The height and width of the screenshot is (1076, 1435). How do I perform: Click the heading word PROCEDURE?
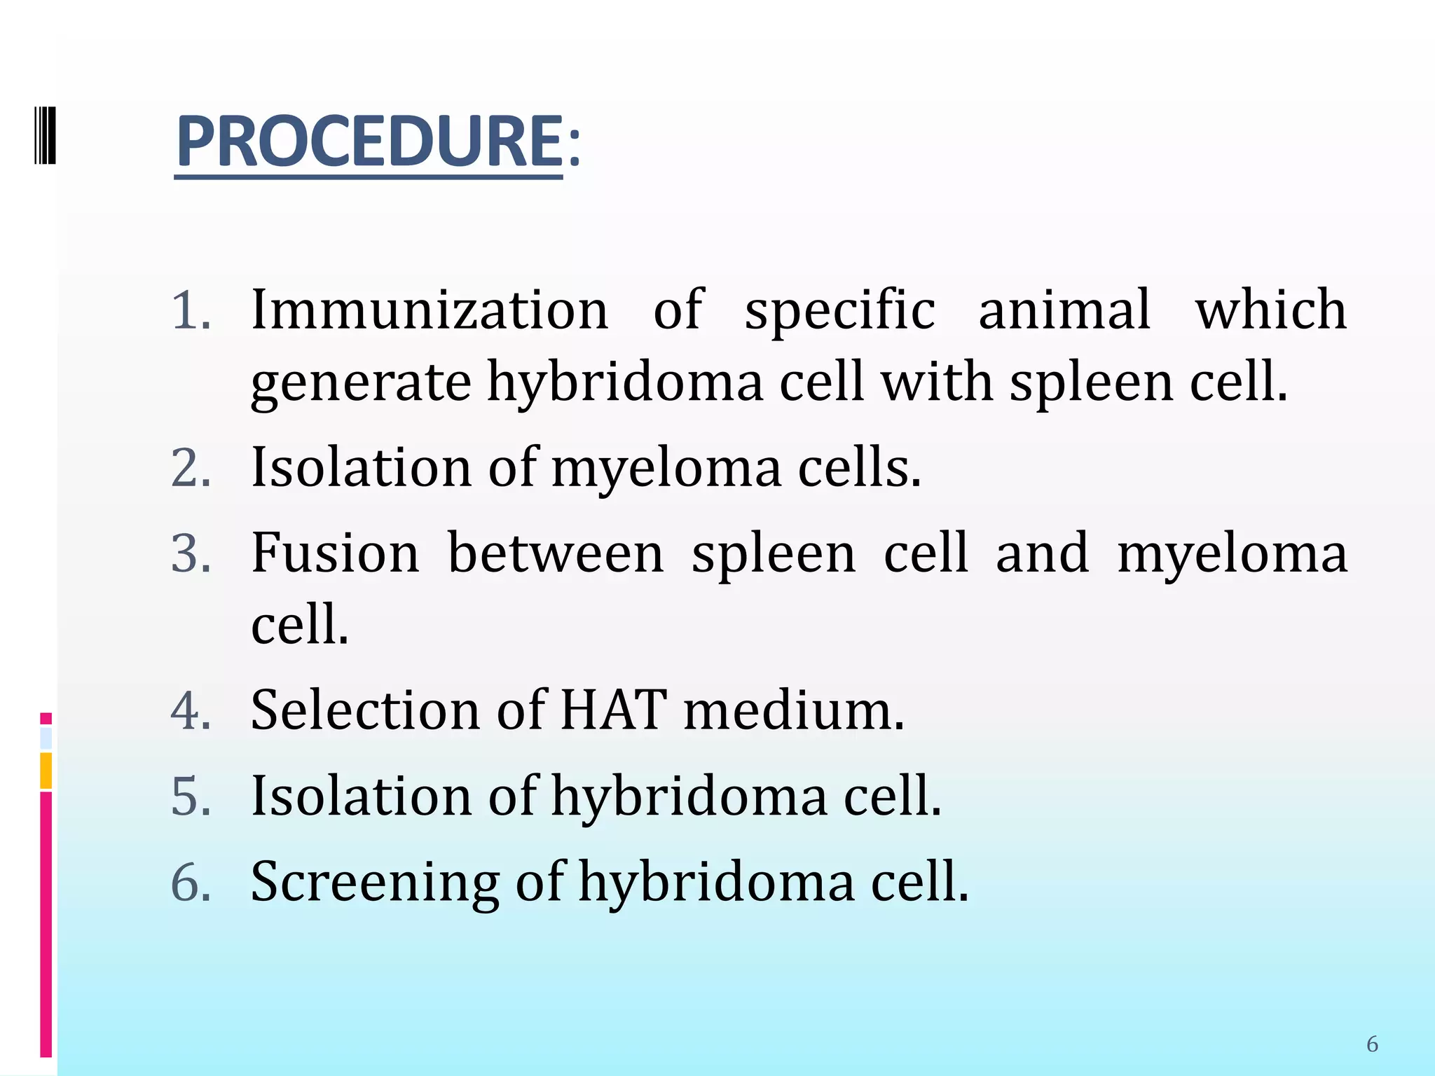[x=369, y=142]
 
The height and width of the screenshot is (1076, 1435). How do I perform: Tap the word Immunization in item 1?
[x=430, y=310]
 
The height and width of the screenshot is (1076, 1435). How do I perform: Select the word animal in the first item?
[x=1064, y=310]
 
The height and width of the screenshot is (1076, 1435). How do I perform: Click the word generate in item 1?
[x=361, y=383]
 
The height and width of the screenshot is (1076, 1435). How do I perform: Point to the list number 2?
[x=191, y=468]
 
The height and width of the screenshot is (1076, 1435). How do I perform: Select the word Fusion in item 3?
[x=335, y=553]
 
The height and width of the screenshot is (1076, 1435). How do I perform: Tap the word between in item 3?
[x=556, y=553]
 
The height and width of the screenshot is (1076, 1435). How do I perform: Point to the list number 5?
[x=191, y=797]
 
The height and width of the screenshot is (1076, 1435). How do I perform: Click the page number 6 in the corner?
[x=1372, y=1044]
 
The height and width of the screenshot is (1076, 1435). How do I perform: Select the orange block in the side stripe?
[x=46, y=771]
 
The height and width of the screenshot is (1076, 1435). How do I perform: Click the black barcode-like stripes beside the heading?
[x=45, y=134]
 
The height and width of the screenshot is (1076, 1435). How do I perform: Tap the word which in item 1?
[x=1270, y=310]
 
